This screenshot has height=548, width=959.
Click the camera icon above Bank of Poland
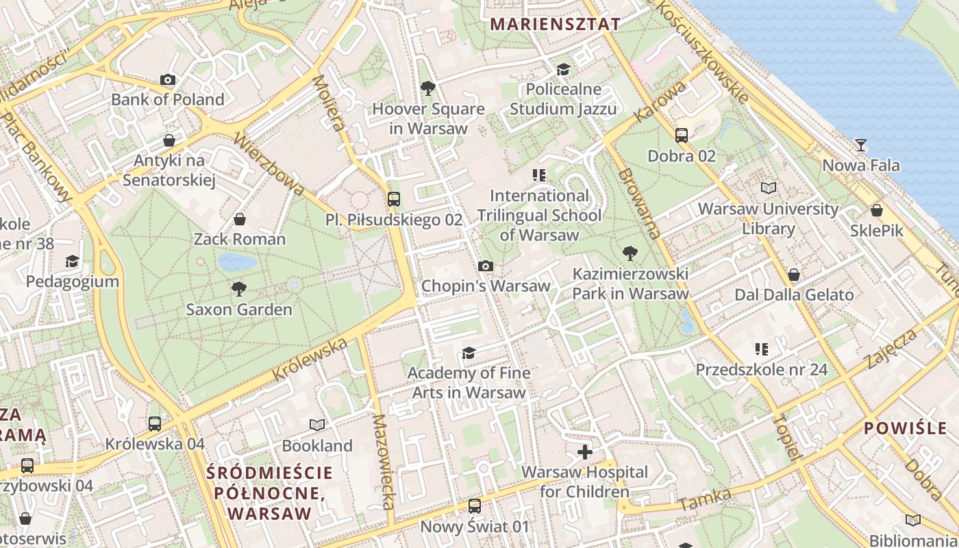pos(168,80)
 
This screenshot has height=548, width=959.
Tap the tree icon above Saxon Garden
pos(239,289)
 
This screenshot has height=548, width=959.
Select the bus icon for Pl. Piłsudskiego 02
pos(394,199)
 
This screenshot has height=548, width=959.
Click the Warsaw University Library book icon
pos(769,188)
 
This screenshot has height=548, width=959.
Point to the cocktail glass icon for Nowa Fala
pos(861,145)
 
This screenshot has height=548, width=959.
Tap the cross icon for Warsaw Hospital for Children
pos(584,452)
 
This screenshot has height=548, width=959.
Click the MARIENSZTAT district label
pos(556,24)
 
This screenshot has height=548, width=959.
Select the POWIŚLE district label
pos(905,429)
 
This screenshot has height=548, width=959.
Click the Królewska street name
pos(310,360)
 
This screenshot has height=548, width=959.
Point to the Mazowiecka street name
pos(382,462)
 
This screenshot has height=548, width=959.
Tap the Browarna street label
pos(638,203)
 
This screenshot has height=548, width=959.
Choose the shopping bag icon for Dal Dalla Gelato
pos(794,275)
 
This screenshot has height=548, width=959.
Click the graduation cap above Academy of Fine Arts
pos(469,353)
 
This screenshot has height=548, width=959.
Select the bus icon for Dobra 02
pos(682,136)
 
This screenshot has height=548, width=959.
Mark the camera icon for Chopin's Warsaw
pos(486,266)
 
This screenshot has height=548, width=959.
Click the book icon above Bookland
pos(316,425)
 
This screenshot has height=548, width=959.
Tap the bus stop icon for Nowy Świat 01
pos(475,506)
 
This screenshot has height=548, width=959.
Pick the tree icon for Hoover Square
pos(428,88)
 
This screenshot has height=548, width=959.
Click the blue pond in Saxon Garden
pos(237,262)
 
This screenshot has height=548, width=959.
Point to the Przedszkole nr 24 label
pos(762,370)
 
